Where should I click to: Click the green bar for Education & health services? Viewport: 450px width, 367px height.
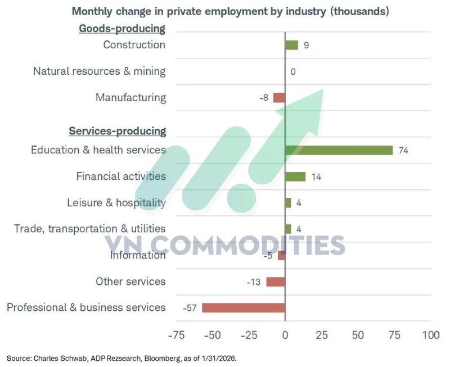click(339, 150)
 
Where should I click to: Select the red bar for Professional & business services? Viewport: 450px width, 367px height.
click(243, 307)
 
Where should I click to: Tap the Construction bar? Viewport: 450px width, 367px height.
click(291, 45)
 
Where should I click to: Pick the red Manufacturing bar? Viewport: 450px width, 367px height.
click(279, 98)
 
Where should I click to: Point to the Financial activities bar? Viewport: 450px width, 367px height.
click(295, 176)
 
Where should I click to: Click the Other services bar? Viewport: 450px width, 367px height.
click(276, 282)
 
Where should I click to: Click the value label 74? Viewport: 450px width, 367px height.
click(403, 150)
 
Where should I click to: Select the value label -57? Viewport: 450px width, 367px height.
click(190, 307)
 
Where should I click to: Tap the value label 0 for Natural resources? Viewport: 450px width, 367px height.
click(292, 71)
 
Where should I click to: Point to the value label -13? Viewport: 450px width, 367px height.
click(254, 282)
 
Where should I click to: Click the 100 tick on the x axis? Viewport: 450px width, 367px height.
click(430, 336)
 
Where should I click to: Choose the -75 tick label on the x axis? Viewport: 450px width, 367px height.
click(177, 336)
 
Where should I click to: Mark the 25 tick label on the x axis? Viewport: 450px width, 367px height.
click(321, 336)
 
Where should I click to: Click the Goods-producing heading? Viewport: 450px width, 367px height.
click(122, 29)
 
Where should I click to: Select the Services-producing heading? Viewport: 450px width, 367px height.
click(118, 131)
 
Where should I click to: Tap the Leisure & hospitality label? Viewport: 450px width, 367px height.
click(116, 203)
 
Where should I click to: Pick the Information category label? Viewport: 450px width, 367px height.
click(138, 255)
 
